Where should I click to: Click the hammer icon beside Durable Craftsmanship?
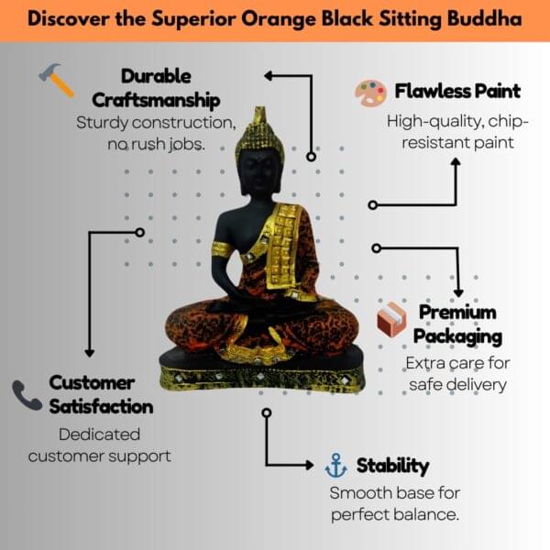pyautogui.click(x=57, y=81)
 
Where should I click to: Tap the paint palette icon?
pyautogui.click(x=370, y=93)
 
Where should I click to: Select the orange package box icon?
pyautogui.click(x=391, y=320)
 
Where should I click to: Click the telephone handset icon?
pyautogui.click(x=27, y=395)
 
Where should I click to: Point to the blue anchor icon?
pyautogui.click(x=336, y=466)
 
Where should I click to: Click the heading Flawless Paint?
pyautogui.click(x=457, y=92)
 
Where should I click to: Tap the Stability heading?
pyautogui.click(x=392, y=466)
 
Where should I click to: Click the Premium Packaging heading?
pyautogui.click(x=457, y=324)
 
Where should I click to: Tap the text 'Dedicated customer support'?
pyautogui.click(x=99, y=445)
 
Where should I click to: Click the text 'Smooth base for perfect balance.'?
pyautogui.click(x=395, y=503)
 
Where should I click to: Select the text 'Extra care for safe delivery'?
pyautogui.click(x=457, y=373)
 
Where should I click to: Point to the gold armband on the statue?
pyautogui.click(x=221, y=248)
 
